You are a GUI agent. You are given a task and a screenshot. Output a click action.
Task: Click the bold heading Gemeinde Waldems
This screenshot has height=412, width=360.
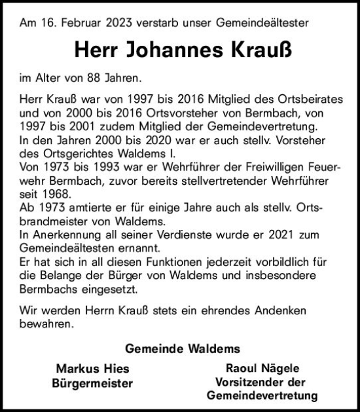pos(181,348)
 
